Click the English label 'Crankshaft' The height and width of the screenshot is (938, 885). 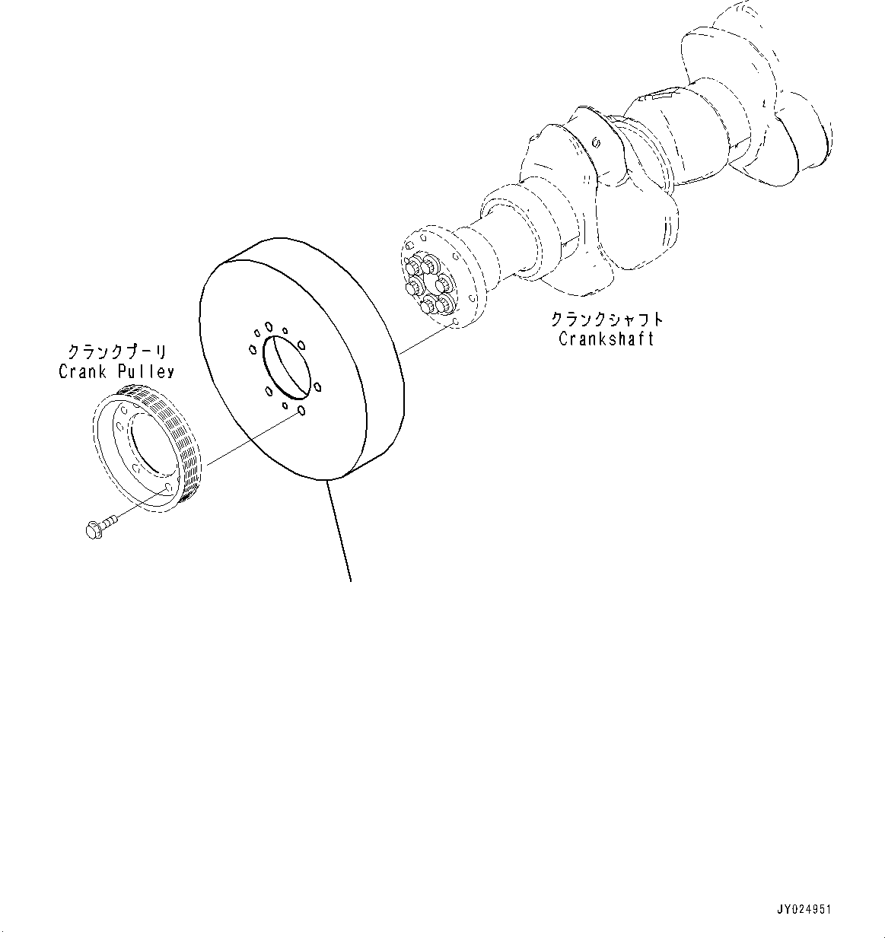pos(606,339)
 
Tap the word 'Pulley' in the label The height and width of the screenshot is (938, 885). pos(145,371)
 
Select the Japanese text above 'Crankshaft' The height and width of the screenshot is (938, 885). pos(606,320)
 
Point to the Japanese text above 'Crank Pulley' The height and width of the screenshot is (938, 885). pos(116,352)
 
